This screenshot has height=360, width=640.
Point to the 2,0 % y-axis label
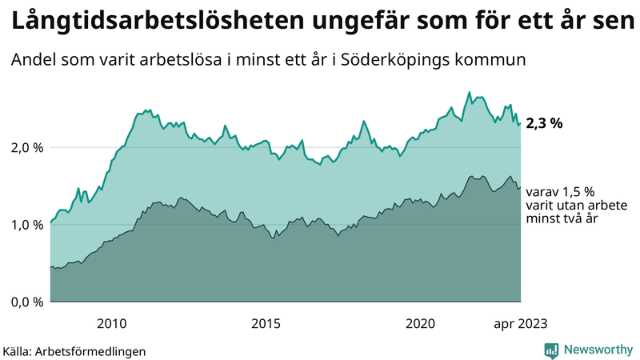click(x=26, y=148)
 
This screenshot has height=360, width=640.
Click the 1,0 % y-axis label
click(x=26, y=225)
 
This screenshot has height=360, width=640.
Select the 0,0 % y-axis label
click(x=26, y=302)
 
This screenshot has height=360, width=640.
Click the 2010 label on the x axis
click(x=112, y=323)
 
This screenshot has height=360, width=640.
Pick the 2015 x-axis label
click(x=266, y=323)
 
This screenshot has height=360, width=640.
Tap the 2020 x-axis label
click(x=420, y=323)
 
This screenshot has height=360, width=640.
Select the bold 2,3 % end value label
click(x=545, y=123)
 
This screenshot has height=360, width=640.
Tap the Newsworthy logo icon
click(x=551, y=350)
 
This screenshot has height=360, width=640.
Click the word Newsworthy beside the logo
click(x=597, y=350)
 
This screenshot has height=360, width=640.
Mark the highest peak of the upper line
click(x=470, y=92)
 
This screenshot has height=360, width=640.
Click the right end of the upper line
click(x=521, y=123)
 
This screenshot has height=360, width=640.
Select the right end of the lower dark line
click(x=521, y=187)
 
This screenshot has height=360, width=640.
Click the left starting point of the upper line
click(x=50, y=223)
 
